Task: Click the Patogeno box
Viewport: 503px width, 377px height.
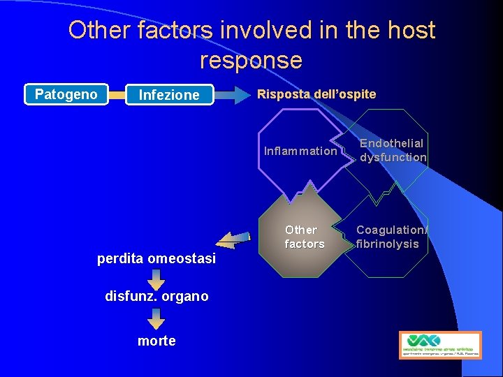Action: point(66,94)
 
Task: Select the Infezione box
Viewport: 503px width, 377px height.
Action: point(169,95)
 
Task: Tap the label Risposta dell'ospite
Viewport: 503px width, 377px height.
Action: point(316,94)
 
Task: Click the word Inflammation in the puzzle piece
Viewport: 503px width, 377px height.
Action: point(300,151)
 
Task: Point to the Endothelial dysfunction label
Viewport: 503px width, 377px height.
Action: point(393,150)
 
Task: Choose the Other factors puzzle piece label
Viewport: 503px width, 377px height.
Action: point(304,237)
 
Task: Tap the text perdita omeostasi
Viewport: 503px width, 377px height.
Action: point(156,259)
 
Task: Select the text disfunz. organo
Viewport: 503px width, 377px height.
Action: point(156,296)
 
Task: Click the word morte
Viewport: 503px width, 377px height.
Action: point(156,341)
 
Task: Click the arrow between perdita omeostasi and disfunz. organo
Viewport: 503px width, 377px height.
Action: point(156,279)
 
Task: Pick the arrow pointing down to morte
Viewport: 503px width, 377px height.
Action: point(156,318)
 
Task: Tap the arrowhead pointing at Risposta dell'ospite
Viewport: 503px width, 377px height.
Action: point(242,94)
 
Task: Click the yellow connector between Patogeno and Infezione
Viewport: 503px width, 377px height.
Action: point(117,94)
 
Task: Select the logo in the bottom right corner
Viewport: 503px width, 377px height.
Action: point(440,344)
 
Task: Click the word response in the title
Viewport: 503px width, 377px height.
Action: point(251,61)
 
